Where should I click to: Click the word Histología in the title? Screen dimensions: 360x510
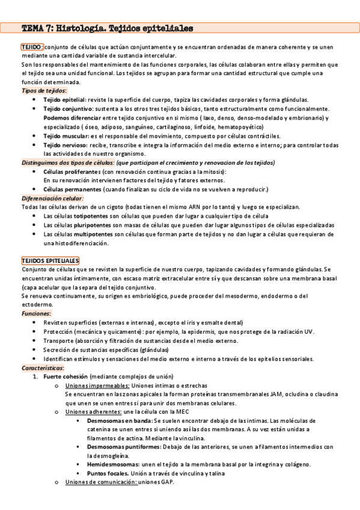[x=85, y=28]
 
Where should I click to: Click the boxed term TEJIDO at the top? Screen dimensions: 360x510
[x=31, y=46]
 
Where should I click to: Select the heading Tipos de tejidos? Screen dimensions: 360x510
[x=44, y=90]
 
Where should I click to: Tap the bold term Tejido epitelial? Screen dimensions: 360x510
[x=64, y=99]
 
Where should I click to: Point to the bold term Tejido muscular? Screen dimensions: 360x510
[x=66, y=137]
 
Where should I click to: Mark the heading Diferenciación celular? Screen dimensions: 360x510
[x=52, y=198]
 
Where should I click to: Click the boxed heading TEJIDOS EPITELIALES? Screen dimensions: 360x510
[x=50, y=260]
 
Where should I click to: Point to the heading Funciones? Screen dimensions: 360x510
[x=36, y=314]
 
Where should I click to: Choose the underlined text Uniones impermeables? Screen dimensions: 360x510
[x=97, y=386]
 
